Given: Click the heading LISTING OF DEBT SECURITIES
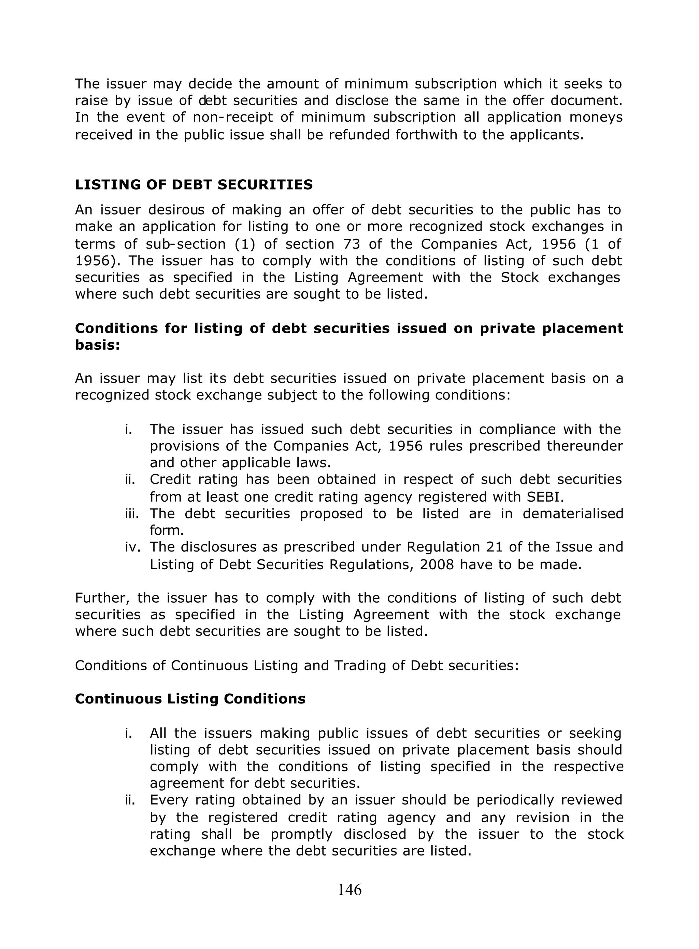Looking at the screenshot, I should pyautogui.click(x=194, y=185).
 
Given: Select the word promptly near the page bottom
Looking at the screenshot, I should pyautogui.click(x=301, y=834).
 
